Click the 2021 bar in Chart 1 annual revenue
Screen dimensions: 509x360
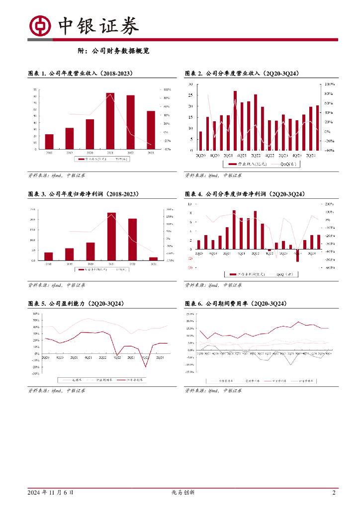pos(110,121)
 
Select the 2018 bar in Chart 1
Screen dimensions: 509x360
pos(49,141)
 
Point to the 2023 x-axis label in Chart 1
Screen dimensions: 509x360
pos(151,152)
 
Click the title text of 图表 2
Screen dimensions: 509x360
pos(242,73)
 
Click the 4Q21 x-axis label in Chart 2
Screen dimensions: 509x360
pos(243,155)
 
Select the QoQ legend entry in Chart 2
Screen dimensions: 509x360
pos(284,164)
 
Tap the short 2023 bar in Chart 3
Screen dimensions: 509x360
pos(154,258)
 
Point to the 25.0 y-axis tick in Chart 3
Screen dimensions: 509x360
pos(32,209)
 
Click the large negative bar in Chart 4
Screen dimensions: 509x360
pos(297,255)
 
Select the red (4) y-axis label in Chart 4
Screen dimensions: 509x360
pos(190,268)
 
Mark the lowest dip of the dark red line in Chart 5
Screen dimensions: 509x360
pos(146,367)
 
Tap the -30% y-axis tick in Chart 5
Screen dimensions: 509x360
pos(35,374)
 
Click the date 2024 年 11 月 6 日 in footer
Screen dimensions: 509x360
pos(51,493)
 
